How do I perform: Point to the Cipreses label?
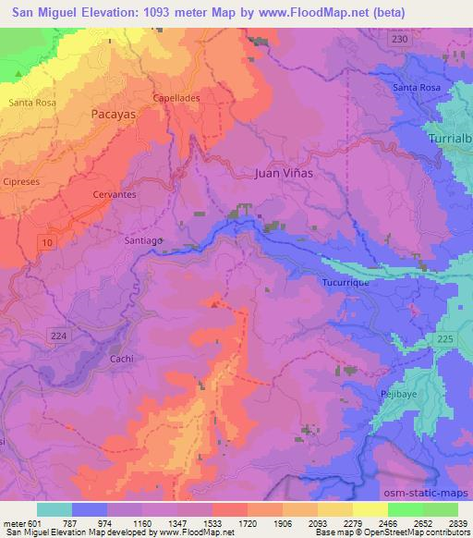tap(21, 181)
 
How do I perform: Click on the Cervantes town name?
tap(115, 195)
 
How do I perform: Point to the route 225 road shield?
tap(443, 340)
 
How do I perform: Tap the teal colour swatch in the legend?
tap(55, 509)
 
